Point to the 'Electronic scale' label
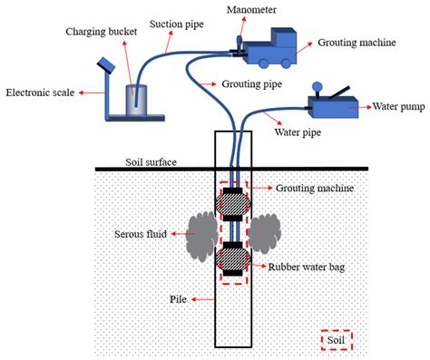[39, 92]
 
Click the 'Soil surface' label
[151, 163]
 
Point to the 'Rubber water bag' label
[308, 267]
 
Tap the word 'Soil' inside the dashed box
[337, 340]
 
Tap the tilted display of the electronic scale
[105, 65]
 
